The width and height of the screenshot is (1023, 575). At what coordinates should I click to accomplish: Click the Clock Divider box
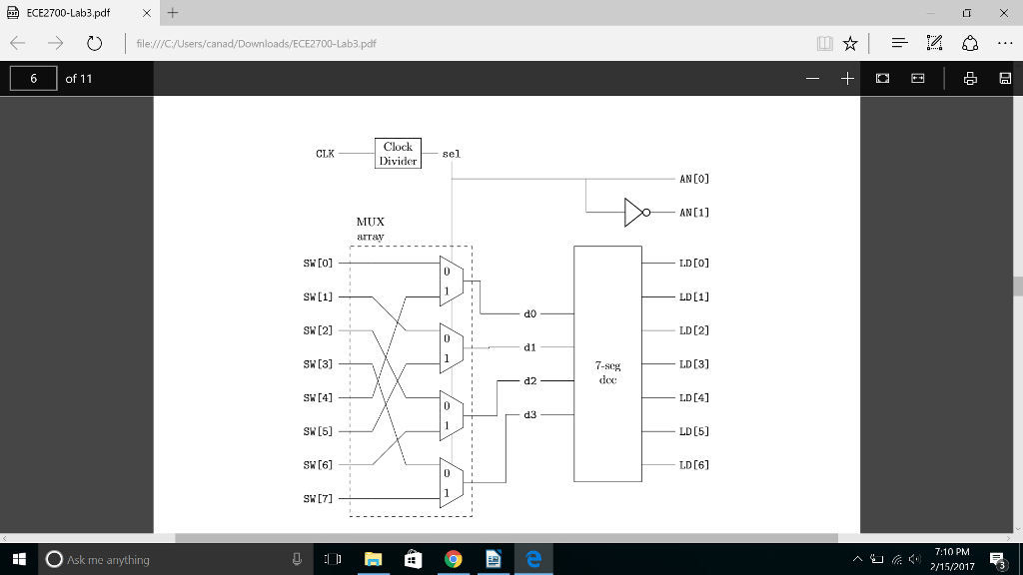point(398,154)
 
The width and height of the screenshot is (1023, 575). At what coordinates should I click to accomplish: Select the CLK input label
point(325,154)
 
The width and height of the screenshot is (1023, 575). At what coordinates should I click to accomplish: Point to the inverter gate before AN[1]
point(635,213)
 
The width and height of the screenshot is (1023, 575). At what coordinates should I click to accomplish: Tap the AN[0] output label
point(693,179)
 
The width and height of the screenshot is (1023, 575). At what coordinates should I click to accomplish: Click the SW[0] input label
point(318,264)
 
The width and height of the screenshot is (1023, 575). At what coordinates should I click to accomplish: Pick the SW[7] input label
point(318,499)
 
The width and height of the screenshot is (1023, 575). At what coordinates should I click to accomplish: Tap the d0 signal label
point(529,313)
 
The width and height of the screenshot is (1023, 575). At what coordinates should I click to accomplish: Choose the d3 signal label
point(529,414)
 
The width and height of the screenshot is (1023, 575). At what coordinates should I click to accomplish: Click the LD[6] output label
point(693,465)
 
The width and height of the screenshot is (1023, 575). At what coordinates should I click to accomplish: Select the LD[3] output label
point(693,364)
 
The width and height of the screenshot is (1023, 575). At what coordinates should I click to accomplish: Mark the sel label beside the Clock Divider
point(452,155)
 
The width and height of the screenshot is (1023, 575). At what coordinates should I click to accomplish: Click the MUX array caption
point(370,229)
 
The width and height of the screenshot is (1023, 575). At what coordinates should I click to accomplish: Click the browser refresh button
point(94,44)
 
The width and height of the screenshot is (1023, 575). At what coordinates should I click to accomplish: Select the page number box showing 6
point(34,78)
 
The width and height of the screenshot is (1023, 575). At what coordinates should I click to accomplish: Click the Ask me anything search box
point(160,560)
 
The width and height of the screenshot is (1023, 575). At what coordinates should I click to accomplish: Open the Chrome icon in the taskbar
point(453,560)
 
